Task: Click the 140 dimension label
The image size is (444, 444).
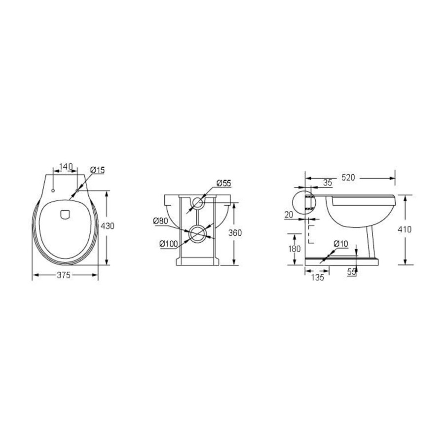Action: [66, 166]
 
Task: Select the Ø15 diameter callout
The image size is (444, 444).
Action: [97, 170]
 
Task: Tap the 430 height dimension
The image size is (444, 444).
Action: [108, 225]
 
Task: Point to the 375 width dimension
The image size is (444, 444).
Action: [65, 275]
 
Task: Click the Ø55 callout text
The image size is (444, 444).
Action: [223, 183]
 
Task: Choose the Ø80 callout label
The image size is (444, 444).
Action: [161, 221]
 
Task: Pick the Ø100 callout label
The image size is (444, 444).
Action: [168, 243]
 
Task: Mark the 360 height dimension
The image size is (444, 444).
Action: [235, 232]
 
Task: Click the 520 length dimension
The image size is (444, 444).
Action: [348, 178]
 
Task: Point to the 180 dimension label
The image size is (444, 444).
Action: [294, 249]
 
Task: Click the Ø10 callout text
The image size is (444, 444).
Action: [340, 244]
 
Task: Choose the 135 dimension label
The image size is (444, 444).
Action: [317, 278]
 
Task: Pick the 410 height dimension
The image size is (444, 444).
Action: [406, 229]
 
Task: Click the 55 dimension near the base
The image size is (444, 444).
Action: [352, 272]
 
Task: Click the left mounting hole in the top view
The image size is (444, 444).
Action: [53, 190]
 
